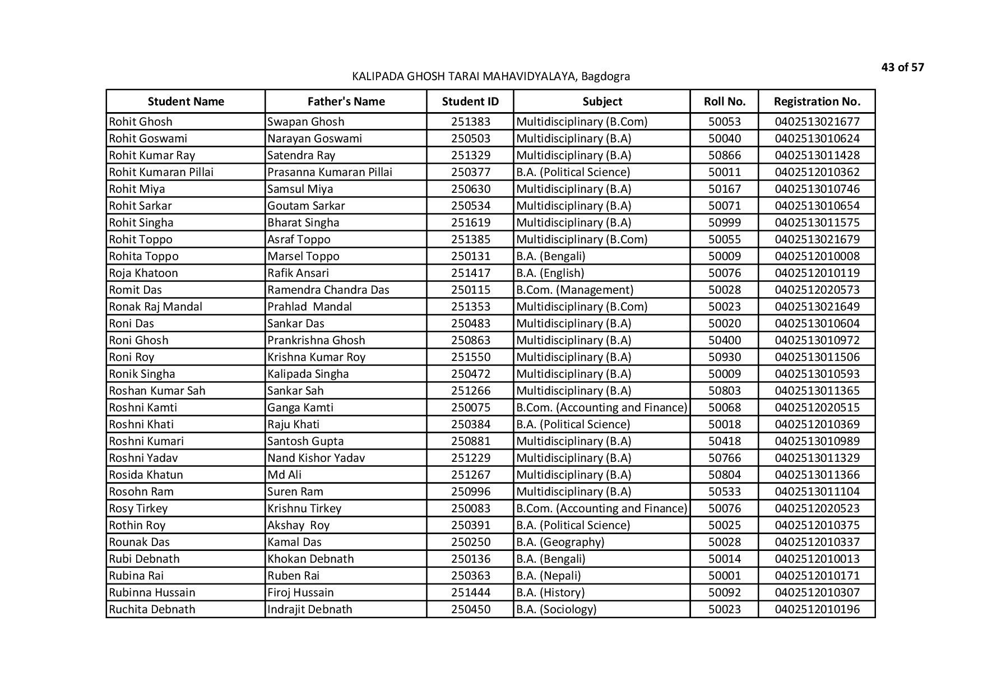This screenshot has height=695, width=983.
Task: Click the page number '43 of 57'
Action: click(902, 68)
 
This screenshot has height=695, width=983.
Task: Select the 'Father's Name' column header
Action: click(346, 101)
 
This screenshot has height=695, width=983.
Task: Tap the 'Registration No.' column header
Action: click(817, 101)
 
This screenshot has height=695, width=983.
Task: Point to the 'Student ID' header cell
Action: click(470, 101)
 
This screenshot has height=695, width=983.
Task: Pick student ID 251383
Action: click(470, 122)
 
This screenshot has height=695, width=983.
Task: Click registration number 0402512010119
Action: click(817, 273)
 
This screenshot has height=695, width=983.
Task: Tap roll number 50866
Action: click(724, 155)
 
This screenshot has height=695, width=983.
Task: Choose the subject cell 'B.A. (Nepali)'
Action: click(548, 576)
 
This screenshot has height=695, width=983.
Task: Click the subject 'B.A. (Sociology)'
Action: click(556, 609)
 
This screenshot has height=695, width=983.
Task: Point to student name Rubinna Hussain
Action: click(152, 592)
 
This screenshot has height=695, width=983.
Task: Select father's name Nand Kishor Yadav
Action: click(316, 458)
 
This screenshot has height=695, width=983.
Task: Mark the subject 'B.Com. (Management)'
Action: click(574, 290)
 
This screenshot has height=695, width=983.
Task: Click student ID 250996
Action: click(470, 492)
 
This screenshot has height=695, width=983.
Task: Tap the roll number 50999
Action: click(724, 223)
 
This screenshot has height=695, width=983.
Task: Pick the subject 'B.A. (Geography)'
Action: click(560, 542)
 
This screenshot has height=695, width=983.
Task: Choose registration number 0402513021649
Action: click(817, 307)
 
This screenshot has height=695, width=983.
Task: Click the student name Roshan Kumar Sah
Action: click(157, 391)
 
